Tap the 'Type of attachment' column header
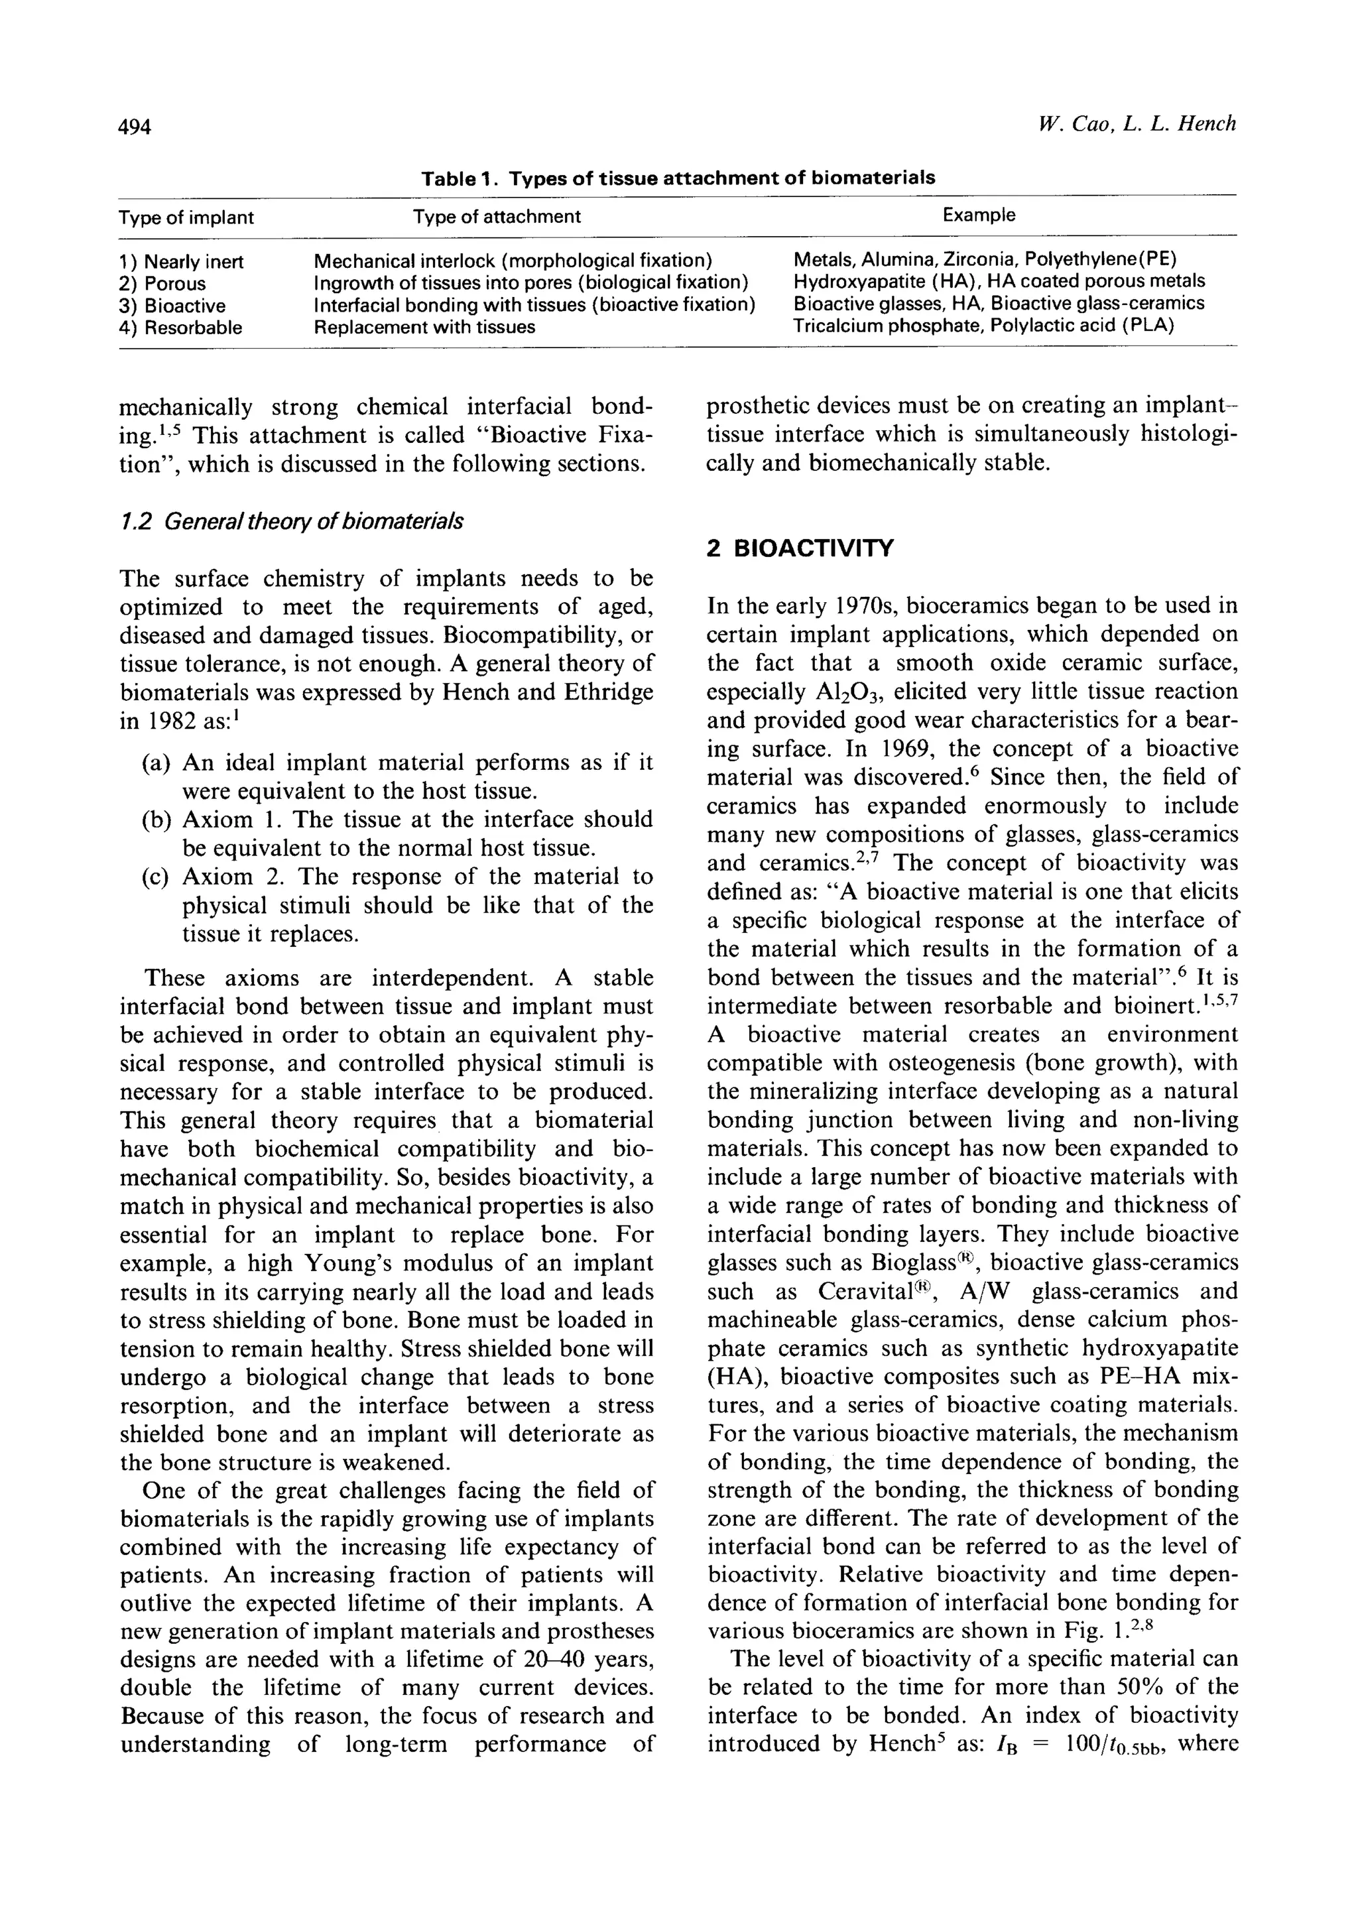click(x=496, y=217)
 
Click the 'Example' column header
click(x=978, y=215)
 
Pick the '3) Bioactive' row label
click(x=172, y=305)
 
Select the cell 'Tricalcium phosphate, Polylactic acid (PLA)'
click(x=983, y=325)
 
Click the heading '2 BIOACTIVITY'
click(x=800, y=548)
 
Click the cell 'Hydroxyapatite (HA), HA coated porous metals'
click(x=999, y=281)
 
